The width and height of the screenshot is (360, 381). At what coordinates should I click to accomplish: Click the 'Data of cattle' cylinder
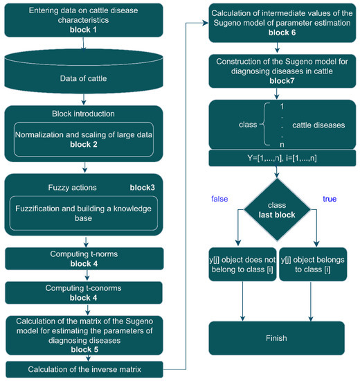(x=84, y=80)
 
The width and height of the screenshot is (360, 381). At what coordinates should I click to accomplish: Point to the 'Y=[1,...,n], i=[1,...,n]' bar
(x=278, y=159)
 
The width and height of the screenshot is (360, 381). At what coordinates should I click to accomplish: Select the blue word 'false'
(x=220, y=200)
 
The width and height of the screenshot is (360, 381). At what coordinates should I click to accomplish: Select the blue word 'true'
(x=330, y=200)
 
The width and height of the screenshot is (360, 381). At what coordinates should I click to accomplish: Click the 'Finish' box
(x=278, y=337)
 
